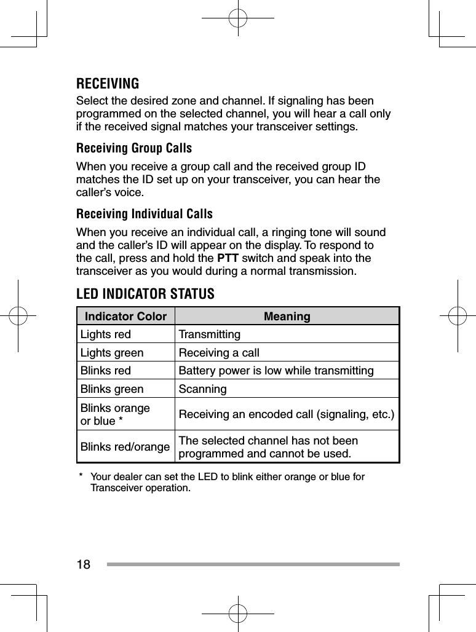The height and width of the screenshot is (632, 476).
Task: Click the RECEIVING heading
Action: (107, 84)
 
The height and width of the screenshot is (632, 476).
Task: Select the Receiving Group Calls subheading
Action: (133, 149)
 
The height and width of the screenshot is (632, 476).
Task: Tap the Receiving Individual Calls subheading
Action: (144, 215)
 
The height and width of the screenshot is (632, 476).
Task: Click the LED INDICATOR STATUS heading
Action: (145, 294)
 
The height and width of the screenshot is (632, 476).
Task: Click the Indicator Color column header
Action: (125, 317)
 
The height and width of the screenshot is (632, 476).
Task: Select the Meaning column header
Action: (287, 317)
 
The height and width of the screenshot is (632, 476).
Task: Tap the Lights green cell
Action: (112, 353)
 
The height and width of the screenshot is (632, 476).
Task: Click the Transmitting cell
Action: (209, 335)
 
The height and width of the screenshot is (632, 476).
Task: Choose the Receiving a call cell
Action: (218, 353)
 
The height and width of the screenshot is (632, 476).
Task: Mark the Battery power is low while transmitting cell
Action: (276, 371)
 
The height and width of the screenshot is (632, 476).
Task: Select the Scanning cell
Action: (202, 389)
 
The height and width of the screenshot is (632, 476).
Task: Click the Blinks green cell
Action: (112, 389)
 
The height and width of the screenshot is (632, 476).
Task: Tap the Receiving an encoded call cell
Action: (287, 414)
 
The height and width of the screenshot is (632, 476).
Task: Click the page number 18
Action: (83, 564)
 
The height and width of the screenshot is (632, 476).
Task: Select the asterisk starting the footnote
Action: (81, 476)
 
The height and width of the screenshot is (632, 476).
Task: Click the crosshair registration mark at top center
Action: (237, 18)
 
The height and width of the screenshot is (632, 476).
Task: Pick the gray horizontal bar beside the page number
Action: (253, 564)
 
